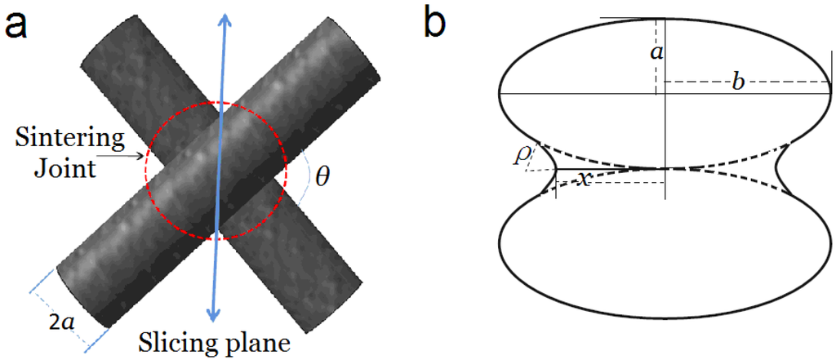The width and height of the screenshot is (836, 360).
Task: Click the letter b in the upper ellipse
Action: coord(737,83)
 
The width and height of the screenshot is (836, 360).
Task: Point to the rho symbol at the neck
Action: coord(519,153)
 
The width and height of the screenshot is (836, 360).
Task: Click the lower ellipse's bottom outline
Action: coord(665,315)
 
